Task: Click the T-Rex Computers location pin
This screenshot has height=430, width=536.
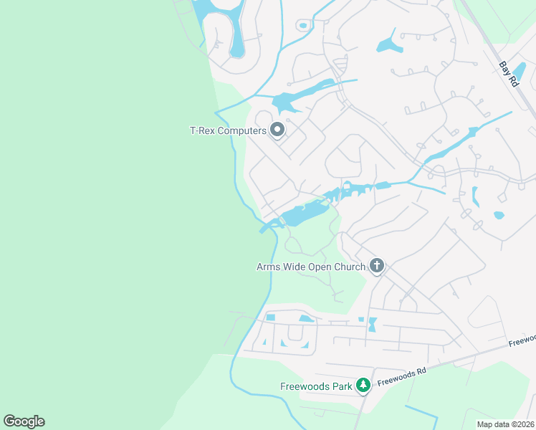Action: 277,130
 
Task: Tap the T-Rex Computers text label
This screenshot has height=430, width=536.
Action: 228,130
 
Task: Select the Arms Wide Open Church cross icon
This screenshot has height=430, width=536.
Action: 377,267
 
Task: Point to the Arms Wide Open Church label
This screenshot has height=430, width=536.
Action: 312,267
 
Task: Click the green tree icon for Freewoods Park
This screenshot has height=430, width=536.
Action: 363,386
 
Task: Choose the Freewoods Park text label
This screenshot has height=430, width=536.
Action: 316,387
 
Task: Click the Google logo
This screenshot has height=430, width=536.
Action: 24,421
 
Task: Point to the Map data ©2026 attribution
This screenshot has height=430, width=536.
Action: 505,424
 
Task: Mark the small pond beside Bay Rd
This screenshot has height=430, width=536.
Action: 520,72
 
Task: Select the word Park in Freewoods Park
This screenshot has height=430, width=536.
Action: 342,387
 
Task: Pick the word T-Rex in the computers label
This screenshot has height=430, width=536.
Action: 201,130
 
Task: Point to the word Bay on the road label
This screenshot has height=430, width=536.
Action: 504,67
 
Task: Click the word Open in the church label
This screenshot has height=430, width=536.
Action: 320,267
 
